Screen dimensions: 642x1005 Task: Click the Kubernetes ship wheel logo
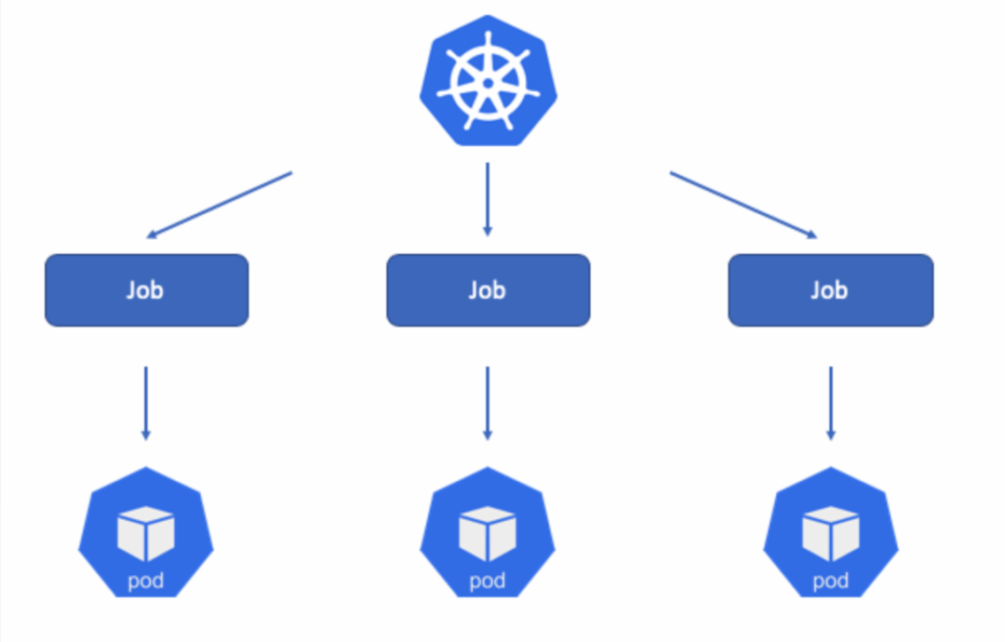coord(488,82)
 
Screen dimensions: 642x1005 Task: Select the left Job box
coord(146,290)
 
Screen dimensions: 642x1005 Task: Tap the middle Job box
coord(488,290)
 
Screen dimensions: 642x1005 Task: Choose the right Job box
coord(830,290)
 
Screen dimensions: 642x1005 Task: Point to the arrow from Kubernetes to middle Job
coord(488,199)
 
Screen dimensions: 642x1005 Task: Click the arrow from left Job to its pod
coord(145,402)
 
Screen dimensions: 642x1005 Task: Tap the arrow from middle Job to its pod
coord(487,402)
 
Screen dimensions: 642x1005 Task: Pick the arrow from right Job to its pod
coord(830,402)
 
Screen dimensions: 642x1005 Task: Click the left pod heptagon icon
coord(145,535)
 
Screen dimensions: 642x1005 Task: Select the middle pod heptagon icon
coord(487,535)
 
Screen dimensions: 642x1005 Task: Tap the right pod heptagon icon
coord(830,535)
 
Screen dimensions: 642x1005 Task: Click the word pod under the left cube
coord(145,582)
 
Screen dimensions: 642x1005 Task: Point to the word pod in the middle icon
coord(487,582)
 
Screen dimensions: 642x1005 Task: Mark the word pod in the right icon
coord(830,582)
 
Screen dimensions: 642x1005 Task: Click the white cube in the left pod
coord(145,533)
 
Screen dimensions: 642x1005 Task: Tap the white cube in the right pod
coord(830,533)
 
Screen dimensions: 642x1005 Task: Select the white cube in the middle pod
coord(487,533)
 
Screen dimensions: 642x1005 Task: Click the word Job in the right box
coord(829,290)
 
